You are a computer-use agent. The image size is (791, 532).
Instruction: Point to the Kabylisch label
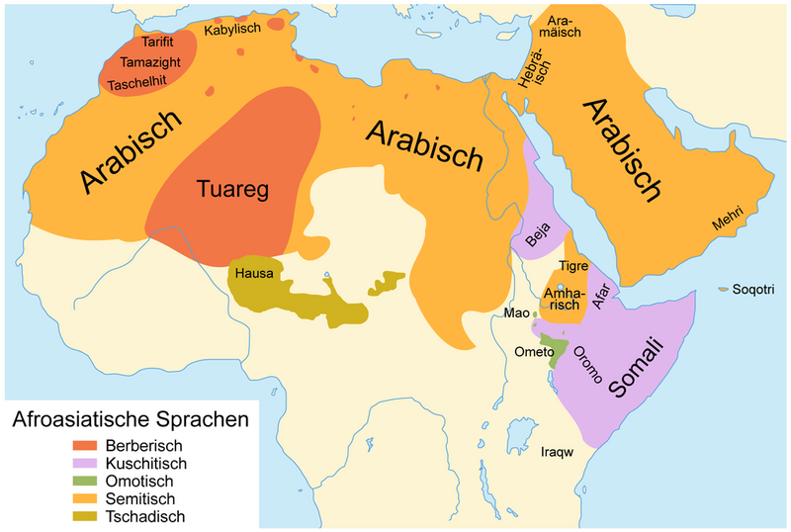click(x=232, y=31)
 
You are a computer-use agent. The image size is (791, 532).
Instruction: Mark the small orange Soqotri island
click(x=723, y=288)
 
